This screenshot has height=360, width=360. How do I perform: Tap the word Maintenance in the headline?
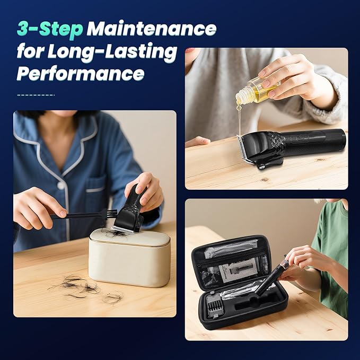point(152,29)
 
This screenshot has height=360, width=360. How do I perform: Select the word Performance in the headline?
point(81,74)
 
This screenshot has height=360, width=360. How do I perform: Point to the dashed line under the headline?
point(36,95)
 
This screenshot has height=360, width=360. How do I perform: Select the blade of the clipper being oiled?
point(245,149)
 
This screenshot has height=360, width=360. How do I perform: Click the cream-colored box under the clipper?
point(129,258)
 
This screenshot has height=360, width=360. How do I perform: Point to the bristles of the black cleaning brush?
point(111,214)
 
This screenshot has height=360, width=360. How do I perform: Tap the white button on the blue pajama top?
point(61,185)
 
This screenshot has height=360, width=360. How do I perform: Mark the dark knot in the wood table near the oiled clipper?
point(265,179)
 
